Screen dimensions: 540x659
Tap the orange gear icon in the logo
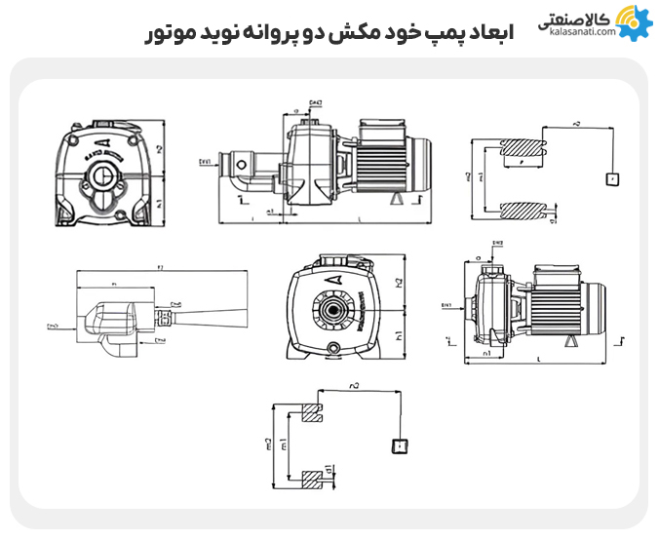tap(633, 21)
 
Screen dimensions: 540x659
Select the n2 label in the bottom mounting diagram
tap(354, 388)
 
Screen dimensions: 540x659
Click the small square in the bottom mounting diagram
tap(397, 446)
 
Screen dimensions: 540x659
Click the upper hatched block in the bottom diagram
tap(314, 413)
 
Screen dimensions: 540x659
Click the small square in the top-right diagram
tap(611, 179)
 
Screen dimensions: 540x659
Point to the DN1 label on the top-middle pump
tap(206, 161)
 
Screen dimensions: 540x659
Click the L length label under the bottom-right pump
tap(539, 361)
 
